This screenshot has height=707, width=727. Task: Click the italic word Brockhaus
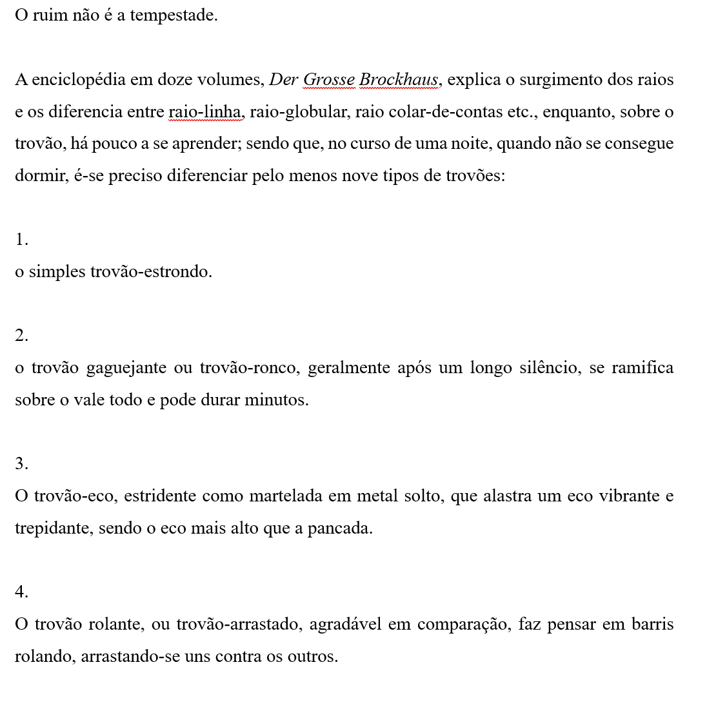399,80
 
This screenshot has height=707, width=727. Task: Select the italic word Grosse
328,80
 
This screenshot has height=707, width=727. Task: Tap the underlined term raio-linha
205,112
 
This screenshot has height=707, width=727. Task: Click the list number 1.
21,240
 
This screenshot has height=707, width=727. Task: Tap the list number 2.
21,336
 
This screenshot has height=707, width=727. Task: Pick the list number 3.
21,464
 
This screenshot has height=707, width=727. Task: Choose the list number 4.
21,592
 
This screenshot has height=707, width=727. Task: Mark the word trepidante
54,528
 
